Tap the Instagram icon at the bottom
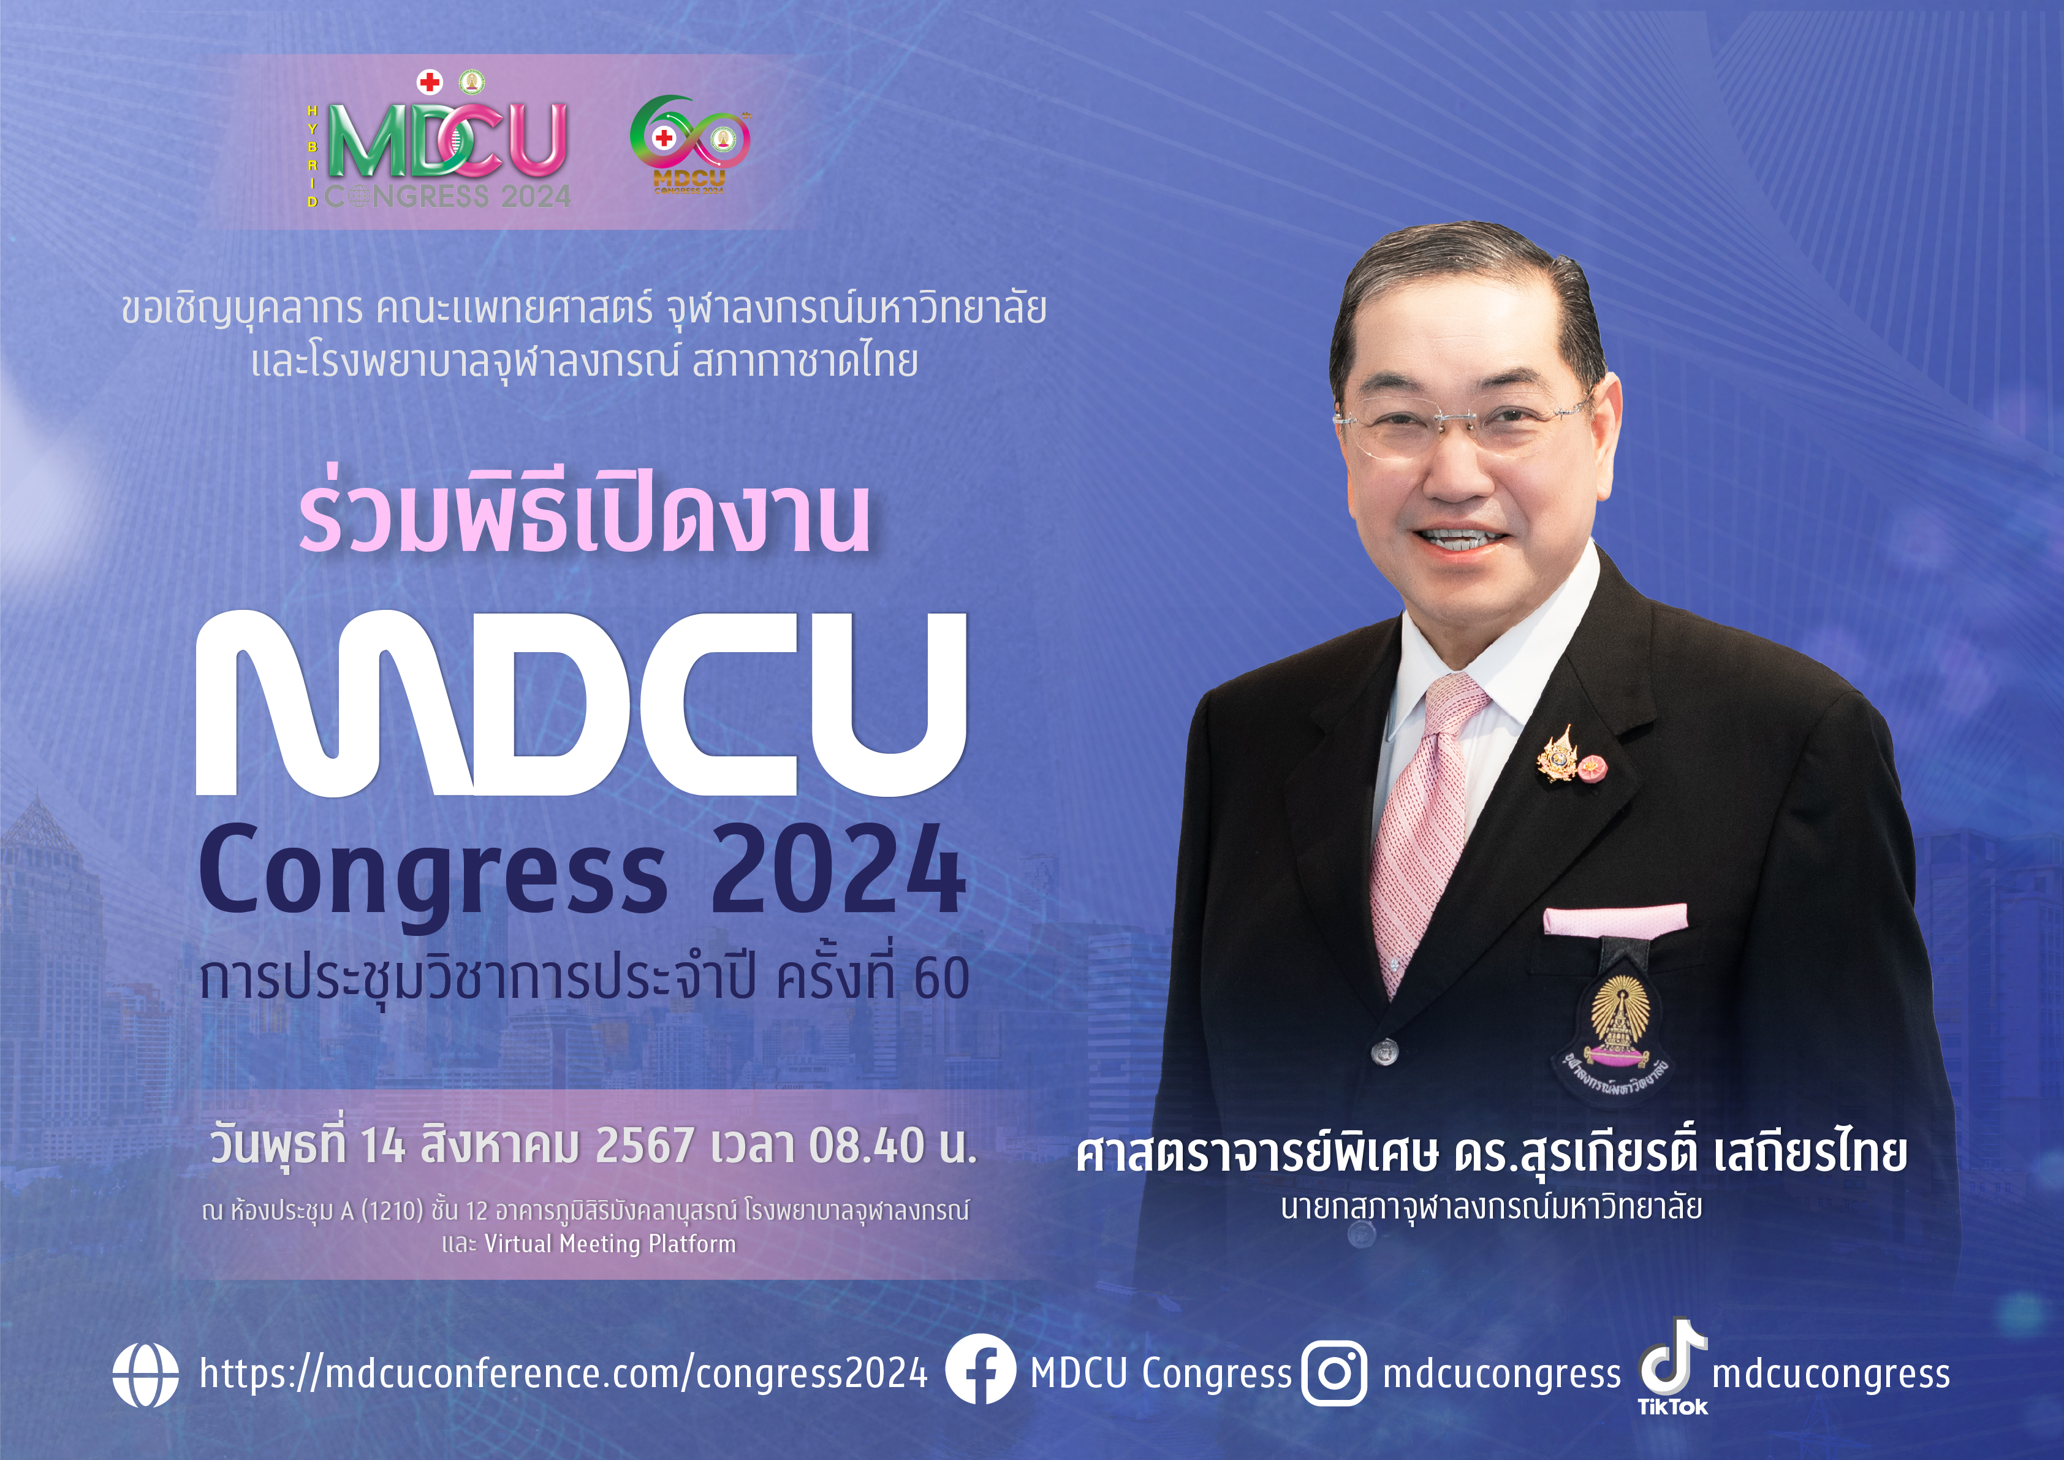[1335, 1373]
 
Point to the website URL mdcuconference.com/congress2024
[564, 1374]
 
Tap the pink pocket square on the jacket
[1615, 919]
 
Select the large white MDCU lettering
[582, 702]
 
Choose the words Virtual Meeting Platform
[610, 1244]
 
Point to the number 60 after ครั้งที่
[941, 979]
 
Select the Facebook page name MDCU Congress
[1161, 1374]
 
